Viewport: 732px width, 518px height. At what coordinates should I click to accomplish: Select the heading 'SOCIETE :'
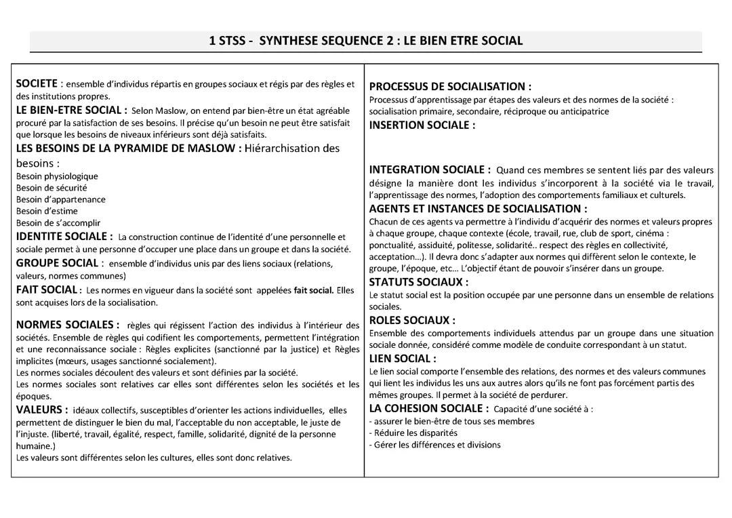click(37, 84)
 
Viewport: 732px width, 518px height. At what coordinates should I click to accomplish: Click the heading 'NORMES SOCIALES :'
click(68, 325)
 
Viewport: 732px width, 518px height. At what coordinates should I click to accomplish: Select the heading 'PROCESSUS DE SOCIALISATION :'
click(450, 87)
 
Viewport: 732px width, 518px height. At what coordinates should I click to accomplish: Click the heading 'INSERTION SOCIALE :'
click(422, 125)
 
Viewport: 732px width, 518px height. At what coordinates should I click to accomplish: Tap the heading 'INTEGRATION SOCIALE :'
click(430, 170)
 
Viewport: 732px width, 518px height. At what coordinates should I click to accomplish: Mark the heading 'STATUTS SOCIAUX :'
click(418, 281)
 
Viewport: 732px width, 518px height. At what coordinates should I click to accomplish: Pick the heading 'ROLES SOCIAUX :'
click(412, 320)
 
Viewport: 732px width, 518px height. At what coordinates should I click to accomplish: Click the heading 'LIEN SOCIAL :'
click(403, 358)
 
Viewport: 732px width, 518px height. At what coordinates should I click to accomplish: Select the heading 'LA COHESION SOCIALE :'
click(428, 408)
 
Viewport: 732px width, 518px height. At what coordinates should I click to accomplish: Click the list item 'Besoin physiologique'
click(57, 176)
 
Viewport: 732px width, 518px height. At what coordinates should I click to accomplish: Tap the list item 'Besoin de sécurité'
click(52, 188)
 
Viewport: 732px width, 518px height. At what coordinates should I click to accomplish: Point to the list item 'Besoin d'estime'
click(47, 211)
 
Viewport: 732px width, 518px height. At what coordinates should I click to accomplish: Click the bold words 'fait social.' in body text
click(313, 290)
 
